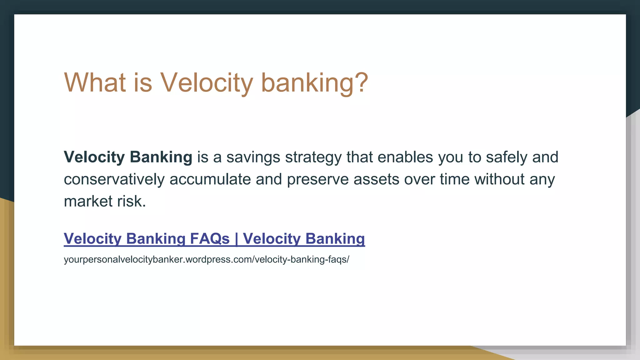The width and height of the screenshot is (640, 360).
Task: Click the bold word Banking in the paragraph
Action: (x=161, y=157)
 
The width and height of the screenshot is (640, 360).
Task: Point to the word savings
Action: (x=253, y=157)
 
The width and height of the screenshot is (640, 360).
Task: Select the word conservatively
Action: (x=114, y=179)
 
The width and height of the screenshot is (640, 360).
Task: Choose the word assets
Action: (x=376, y=179)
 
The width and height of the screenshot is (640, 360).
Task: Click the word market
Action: (x=88, y=201)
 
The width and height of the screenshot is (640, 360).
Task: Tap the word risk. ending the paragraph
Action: (x=132, y=201)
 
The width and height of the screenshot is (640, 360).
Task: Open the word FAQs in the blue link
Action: (x=210, y=239)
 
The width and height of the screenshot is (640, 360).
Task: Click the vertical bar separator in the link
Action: (x=236, y=239)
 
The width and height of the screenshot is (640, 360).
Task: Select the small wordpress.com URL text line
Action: (x=206, y=259)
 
